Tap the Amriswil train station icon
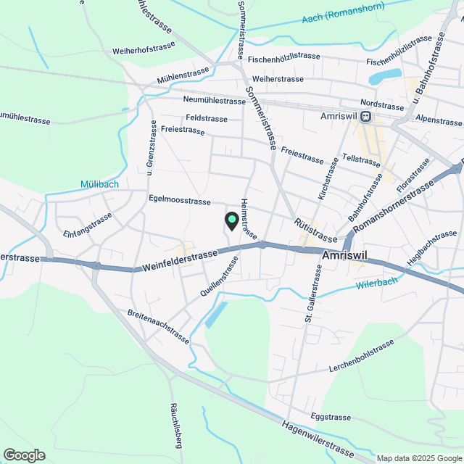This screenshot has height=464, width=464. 367,116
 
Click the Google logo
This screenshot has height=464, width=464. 23,455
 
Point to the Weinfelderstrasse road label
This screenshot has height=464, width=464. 181,259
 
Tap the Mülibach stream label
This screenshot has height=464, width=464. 100,184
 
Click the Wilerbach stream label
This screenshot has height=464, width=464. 377,283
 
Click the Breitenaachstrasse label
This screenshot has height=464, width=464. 157,326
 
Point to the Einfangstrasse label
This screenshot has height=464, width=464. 88,225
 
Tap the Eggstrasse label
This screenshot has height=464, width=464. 330,417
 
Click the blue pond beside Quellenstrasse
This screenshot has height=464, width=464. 216,315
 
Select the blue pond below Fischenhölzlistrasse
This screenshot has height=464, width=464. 384,76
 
